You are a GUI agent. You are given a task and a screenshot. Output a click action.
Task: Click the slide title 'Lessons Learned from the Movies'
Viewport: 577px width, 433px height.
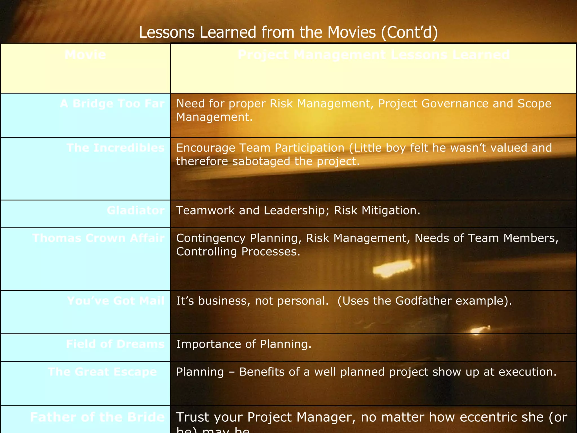click(288, 32)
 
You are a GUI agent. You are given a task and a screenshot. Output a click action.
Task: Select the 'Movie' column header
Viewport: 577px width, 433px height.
click(85, 55)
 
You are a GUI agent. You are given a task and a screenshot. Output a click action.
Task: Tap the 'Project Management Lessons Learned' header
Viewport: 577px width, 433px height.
click(374, 55)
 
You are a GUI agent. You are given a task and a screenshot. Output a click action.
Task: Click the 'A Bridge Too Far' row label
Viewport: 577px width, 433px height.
click(112, 104)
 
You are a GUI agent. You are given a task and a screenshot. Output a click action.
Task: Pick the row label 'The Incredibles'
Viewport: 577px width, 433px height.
click(116, 148)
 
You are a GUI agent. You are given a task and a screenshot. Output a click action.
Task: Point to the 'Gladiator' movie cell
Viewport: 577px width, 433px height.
click(136, 211)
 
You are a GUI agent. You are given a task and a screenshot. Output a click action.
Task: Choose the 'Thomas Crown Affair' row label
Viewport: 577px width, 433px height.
click(98, 238)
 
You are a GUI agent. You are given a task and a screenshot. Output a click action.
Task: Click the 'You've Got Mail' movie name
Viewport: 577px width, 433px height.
click(116, 301)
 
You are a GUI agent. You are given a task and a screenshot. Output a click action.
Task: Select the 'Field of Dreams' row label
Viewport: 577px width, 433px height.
click(115, 344)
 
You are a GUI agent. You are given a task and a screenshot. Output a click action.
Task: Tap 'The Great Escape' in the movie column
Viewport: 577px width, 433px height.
click(103, 372)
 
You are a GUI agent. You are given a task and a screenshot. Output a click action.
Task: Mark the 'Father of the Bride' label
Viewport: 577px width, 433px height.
click(97, 417)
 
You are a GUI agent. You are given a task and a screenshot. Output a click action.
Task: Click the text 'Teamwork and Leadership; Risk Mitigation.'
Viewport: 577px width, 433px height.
click(298, 211)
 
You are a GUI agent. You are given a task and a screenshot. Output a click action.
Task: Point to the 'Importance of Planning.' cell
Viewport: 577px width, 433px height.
click(244, 344)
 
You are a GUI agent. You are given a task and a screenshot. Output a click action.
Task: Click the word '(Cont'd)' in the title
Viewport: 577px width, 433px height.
click(409, 32)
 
